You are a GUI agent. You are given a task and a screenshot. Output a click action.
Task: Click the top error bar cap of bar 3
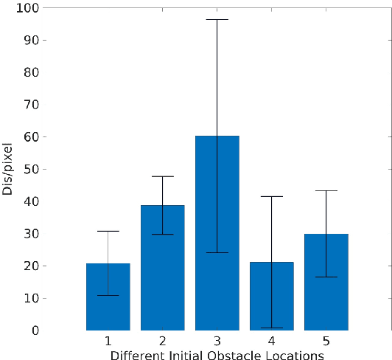point(217,19)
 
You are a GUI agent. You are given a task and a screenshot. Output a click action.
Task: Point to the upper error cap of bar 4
point(271,196)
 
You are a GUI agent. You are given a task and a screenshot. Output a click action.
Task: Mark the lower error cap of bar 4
point(271,328)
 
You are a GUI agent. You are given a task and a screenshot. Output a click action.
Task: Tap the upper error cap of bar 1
point(108,231)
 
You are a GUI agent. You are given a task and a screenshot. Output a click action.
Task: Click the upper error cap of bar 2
point(162,176)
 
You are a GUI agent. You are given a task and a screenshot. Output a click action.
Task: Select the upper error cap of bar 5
point(326,190)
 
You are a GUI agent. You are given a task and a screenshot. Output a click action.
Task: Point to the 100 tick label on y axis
point(30,7)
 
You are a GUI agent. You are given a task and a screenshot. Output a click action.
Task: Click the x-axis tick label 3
point(217,342)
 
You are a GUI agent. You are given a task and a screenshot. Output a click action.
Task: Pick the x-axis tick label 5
point(326,342)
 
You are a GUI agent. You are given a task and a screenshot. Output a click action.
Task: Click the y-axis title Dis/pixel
point(8,169)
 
